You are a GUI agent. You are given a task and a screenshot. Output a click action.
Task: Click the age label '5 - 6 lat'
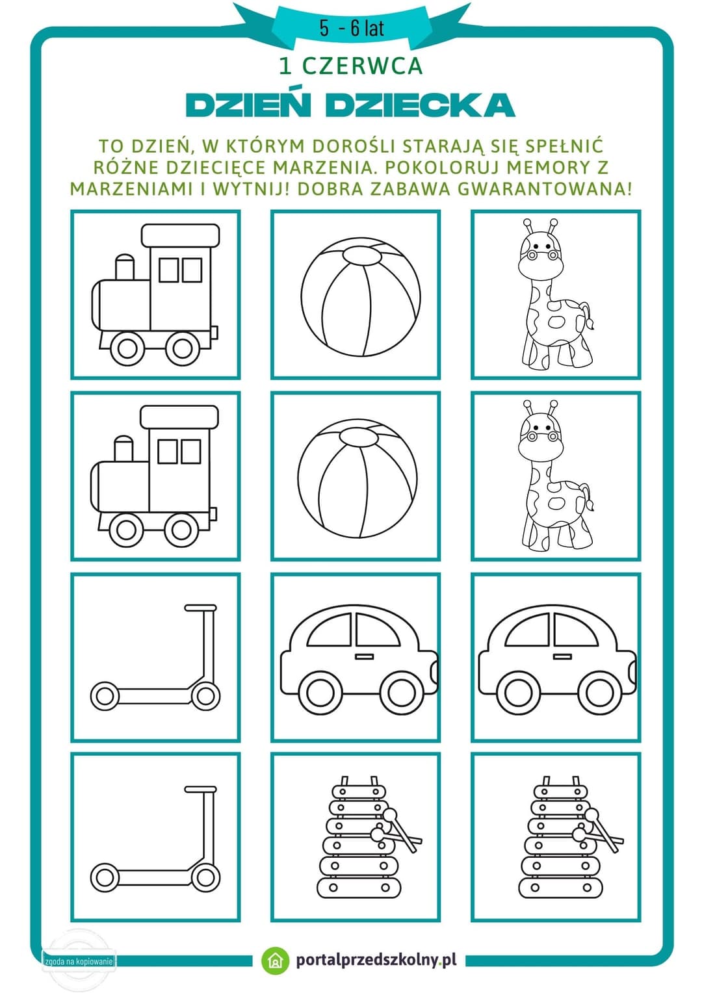[x=351, y=29]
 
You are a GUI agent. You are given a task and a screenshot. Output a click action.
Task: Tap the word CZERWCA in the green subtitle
[x=362, y=66]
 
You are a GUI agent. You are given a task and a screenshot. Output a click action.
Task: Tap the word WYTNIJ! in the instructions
[x=252, y=189]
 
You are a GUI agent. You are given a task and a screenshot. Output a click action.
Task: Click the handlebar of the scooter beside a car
[x=200, y=608]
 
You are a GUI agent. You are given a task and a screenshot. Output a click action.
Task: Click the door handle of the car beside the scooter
[x=364, y=657]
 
